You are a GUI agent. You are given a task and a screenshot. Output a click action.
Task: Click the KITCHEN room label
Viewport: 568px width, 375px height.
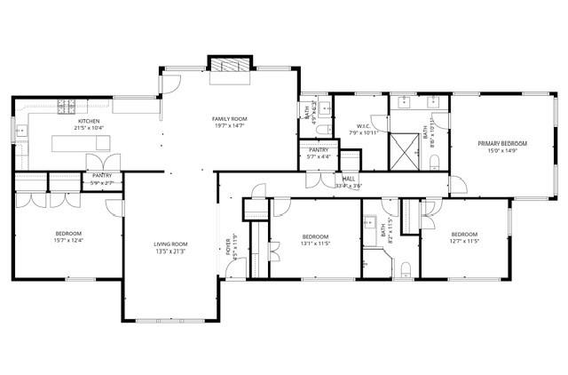tap(88, 121)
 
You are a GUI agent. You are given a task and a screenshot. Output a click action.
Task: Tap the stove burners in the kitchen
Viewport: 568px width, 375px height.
tap(67, 107)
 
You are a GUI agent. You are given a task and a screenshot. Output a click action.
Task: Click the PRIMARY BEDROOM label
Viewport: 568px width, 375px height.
tap(502, 143)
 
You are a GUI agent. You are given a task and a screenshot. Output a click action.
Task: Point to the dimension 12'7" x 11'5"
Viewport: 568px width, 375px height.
tap(464, 241)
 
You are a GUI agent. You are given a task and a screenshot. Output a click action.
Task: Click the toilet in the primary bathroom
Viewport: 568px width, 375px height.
tap(435, 161)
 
